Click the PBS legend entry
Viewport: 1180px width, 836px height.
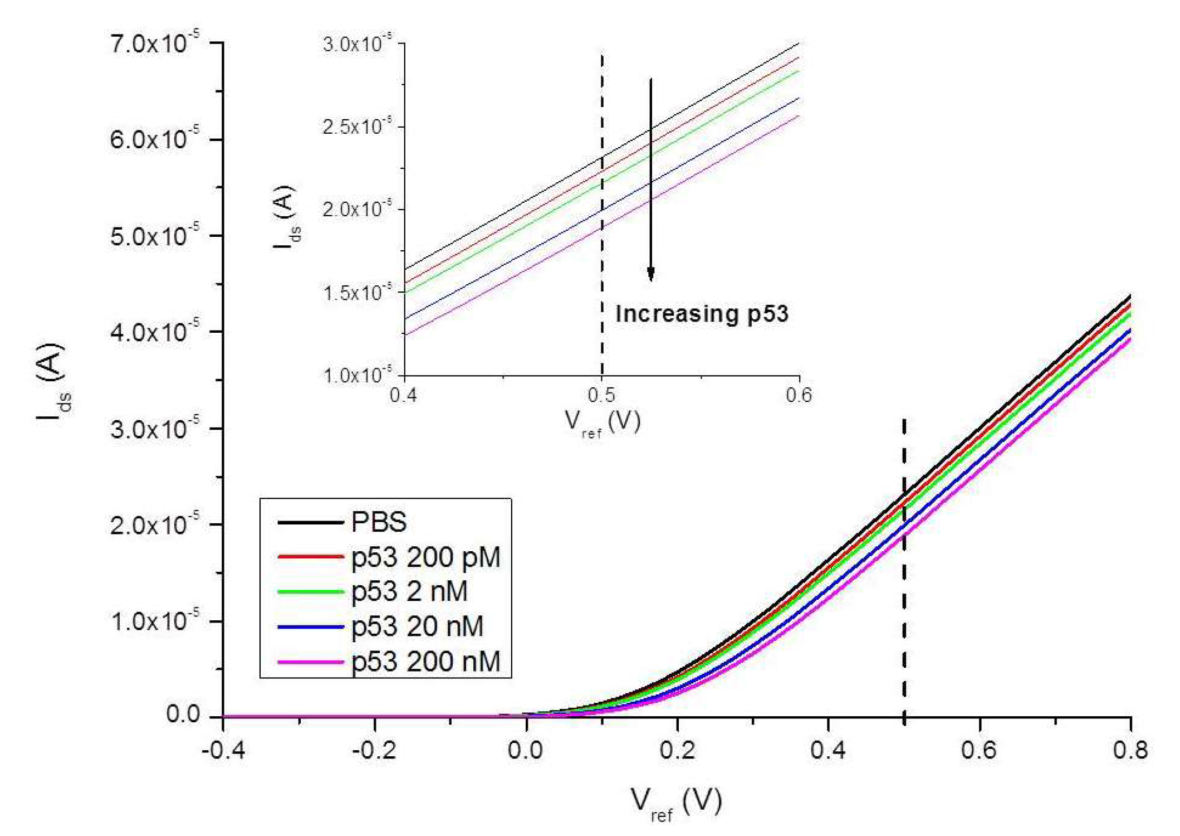pos(379,522)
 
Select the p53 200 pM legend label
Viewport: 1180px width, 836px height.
pos(426,557)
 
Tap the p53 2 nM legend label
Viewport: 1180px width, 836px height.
pos(409,591)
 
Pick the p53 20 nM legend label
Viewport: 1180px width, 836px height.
pos(417,626)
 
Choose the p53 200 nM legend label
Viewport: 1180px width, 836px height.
pos(426,662)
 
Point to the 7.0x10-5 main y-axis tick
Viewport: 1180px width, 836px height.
pos(155,43)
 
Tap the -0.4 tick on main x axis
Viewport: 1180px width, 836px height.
pos(223,750)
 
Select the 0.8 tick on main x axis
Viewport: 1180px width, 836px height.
pos(1130,750)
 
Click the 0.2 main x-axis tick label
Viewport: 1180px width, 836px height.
pos(677,750)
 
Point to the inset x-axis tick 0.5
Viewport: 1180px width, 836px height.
pos(601,395)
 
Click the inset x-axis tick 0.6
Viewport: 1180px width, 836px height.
pos(799,395)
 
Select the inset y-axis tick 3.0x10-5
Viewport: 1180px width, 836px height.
pos(358,43)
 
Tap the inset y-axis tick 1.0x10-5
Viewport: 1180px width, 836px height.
pos(358,375)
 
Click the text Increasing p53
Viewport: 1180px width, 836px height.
pos(702,314)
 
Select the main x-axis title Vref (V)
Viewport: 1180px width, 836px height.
pos(676,803)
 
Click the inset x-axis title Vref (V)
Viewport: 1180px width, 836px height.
pos(602,422)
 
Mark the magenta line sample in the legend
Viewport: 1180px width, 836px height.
pos(310,662)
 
